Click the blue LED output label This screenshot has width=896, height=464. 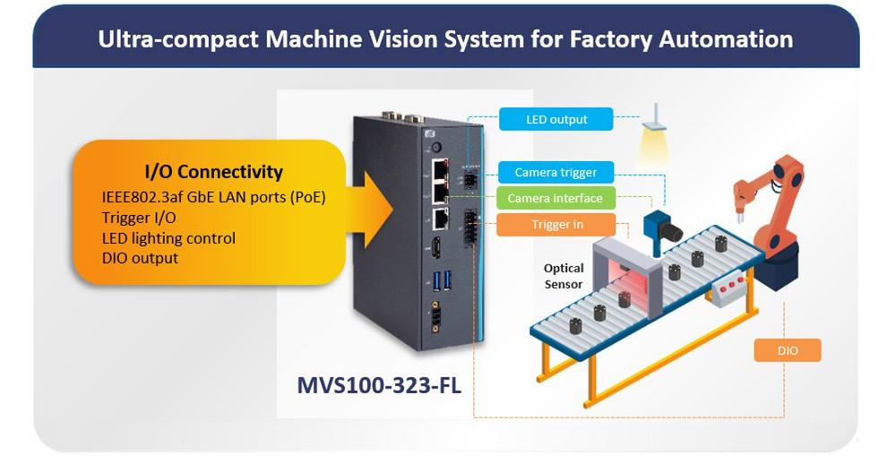pos(556,119)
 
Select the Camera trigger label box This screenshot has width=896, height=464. pos(556,172)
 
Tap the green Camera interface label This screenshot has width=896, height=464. pos(556,198)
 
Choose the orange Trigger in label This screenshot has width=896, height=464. pos(556,225)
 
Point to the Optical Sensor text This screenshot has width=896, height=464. pos(564,276)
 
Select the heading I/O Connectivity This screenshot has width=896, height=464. pos(213,172)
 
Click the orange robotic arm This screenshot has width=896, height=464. pos(769,211)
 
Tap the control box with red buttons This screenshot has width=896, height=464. pos(732,289)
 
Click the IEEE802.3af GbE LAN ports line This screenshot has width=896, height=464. pos(211,197)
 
